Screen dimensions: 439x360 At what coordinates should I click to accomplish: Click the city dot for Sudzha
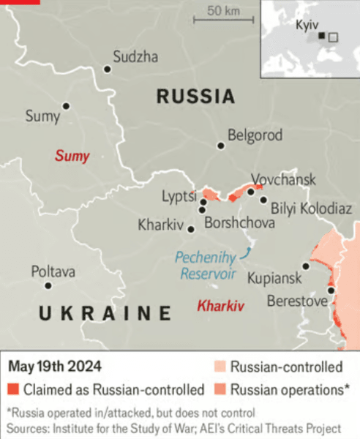[x=108, y=69]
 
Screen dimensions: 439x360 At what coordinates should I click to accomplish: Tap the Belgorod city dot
[x=220, y=146]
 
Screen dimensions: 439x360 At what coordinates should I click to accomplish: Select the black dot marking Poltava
[x=48, y=285]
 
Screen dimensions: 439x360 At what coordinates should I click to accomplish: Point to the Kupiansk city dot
[x=306, y=266]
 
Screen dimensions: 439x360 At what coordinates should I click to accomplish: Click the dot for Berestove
[x=331, y=290]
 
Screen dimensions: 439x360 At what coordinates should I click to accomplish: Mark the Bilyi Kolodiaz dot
[x=263, y=199]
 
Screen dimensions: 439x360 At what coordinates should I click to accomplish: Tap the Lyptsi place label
[x=179, y=196]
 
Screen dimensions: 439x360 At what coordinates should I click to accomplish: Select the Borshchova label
[x=239, y=223]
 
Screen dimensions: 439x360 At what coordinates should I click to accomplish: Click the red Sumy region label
[x=72, y=156]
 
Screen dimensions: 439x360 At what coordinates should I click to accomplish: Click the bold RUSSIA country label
[x=195, y=97]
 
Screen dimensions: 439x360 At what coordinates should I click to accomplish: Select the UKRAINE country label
[x=104, y=314]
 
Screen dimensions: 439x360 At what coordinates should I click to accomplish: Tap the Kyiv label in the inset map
[x=307, y=25]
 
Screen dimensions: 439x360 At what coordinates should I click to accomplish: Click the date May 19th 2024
[x=55, y=366]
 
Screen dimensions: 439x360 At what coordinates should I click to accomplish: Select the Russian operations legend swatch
[x=220, y=389]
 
